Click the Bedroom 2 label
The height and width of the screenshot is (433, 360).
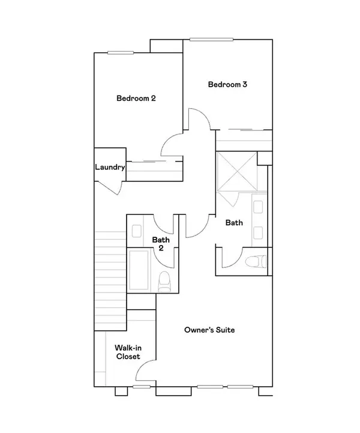point(136,98)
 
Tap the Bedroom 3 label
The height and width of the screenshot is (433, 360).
point(228,85)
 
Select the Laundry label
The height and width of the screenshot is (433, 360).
point(110,168)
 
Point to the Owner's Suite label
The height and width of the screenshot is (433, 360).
point(209,330)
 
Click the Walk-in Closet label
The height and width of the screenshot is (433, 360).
point(127,351)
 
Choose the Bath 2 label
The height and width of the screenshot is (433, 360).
point(161,243)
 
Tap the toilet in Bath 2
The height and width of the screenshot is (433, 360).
point(163,281)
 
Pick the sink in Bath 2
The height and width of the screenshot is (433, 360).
point(137,230)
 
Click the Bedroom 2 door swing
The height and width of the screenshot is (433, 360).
point(171,146)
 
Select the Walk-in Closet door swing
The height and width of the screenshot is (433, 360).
point(146,373)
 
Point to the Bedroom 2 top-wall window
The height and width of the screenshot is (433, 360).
point(121,53)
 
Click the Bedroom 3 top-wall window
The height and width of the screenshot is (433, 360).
point(212,40)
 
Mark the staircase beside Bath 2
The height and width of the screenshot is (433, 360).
point(110,276)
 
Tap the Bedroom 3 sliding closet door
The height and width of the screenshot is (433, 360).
point(244,129)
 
